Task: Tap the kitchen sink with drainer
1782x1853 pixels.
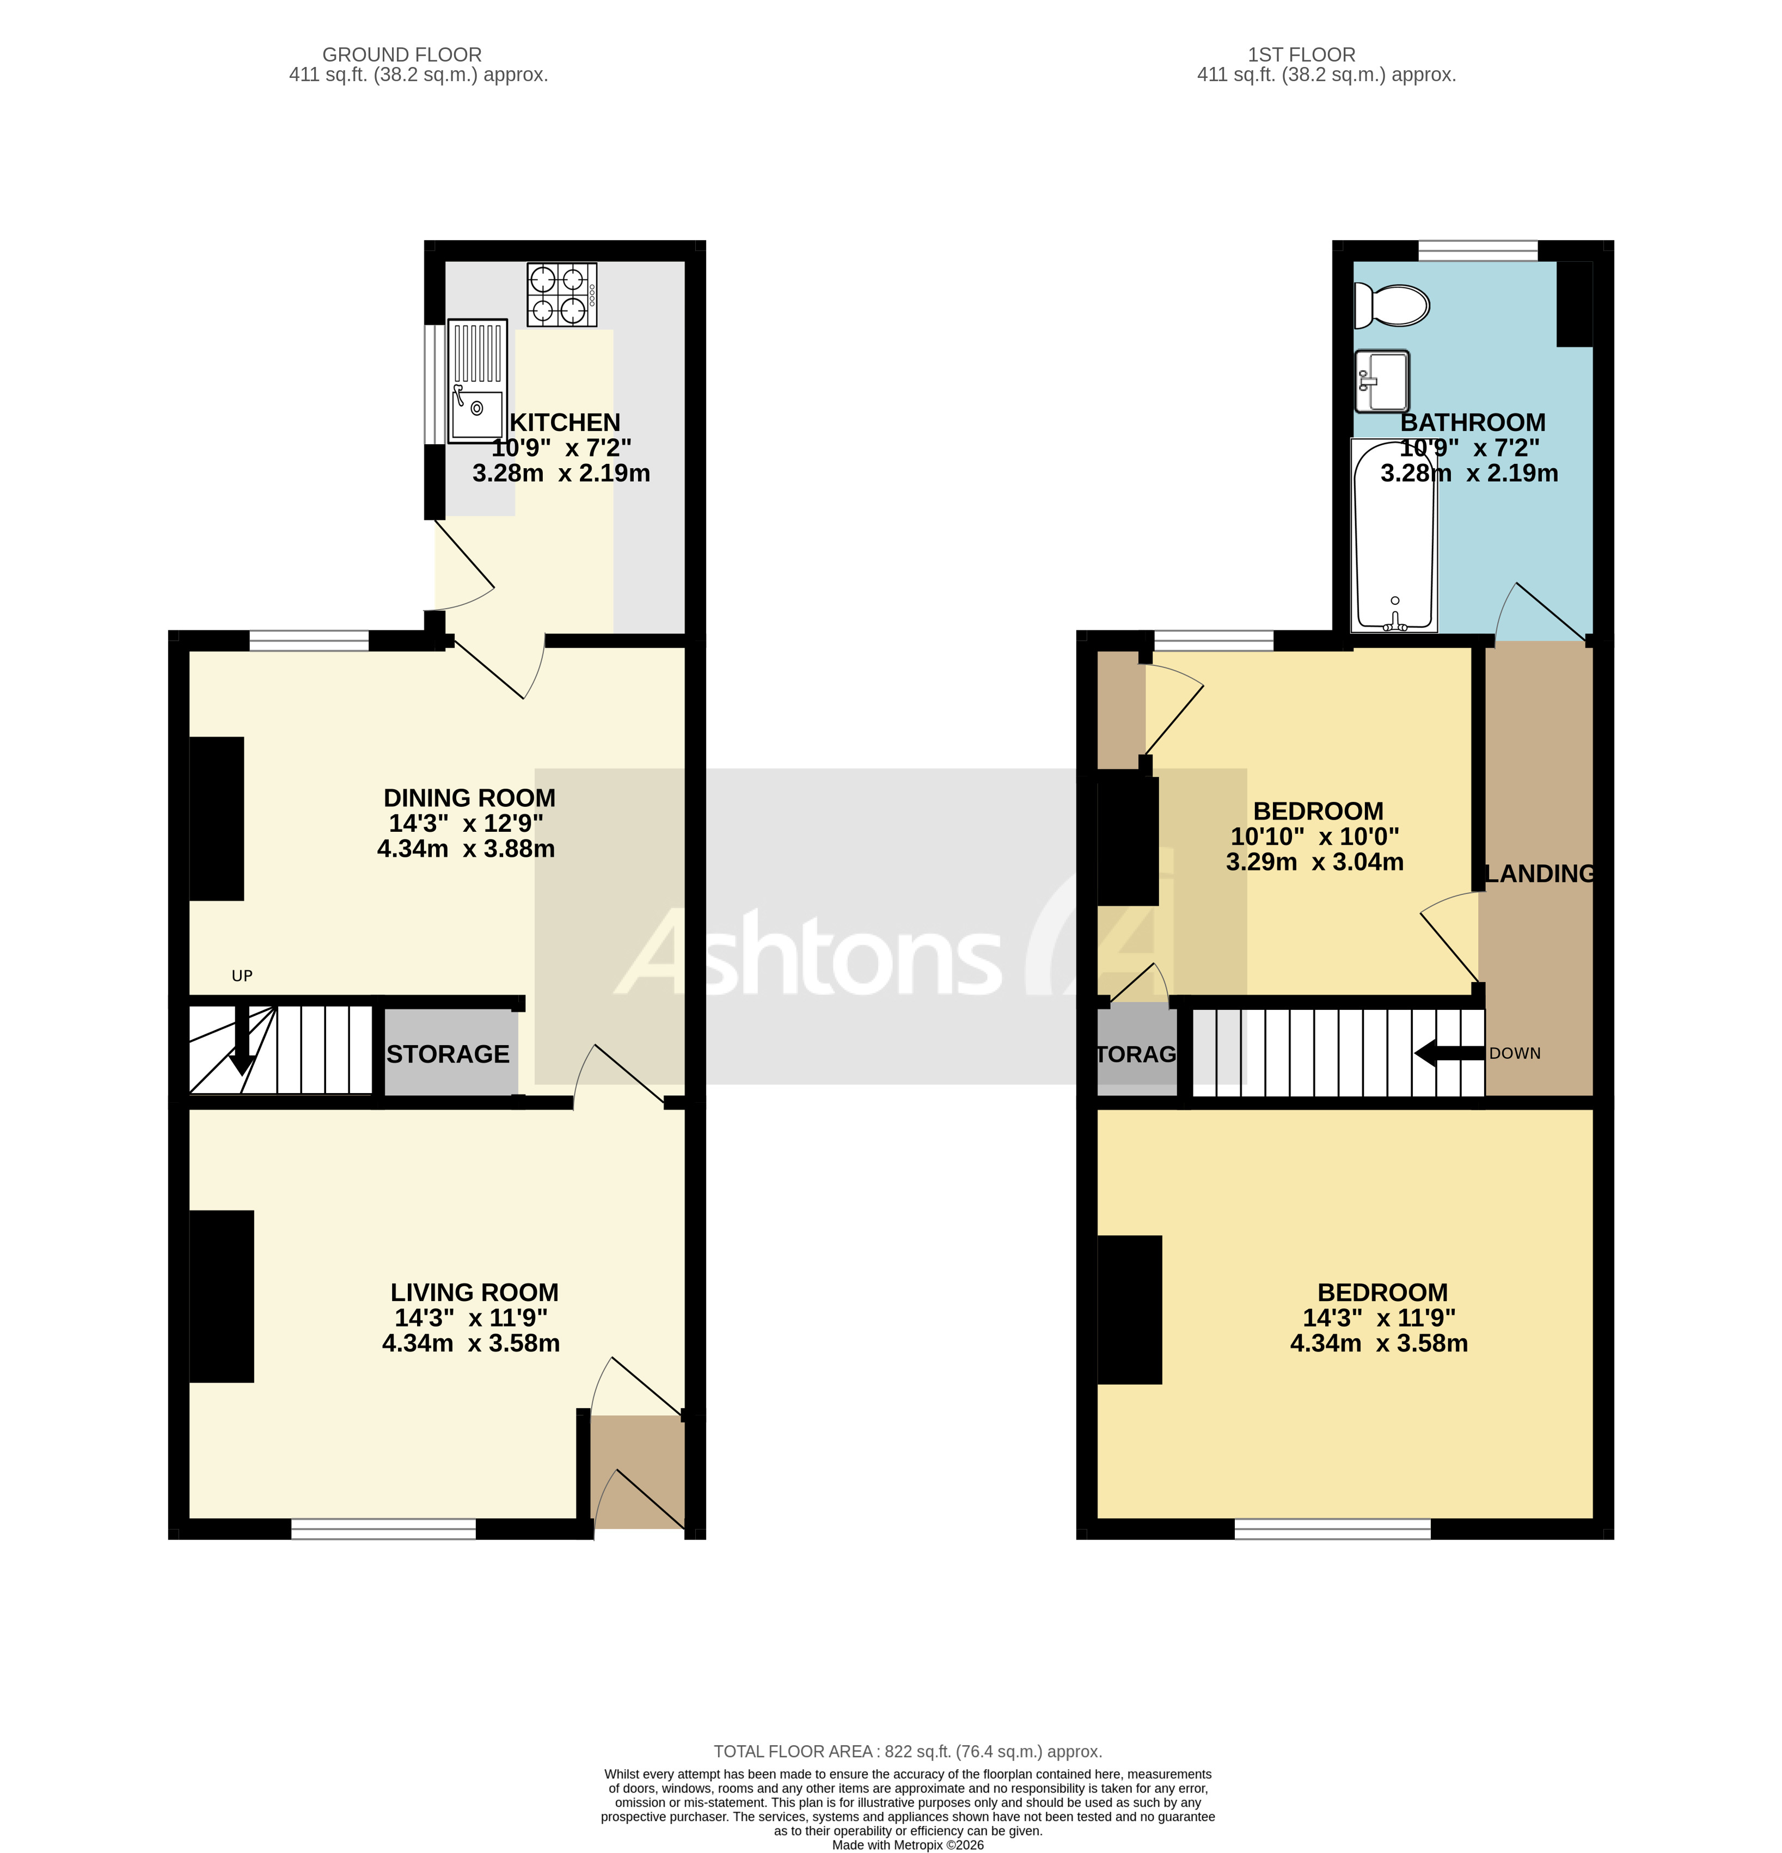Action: click(477, 381)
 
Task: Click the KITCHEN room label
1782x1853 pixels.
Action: click(565, 422)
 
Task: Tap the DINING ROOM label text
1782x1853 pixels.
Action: click(469, 798)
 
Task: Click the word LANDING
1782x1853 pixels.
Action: click(1539, 874)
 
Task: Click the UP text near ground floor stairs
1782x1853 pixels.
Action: click(242, 975)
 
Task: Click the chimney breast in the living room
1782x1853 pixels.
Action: click(221, 1296)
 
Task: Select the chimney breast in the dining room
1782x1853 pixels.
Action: click(217, 819)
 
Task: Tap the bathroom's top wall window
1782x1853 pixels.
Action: click(1478, 250)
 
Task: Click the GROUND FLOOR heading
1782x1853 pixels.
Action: click(402, 55)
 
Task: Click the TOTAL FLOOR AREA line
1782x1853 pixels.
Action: click(908, 1752)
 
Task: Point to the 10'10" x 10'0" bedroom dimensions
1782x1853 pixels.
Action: click(1314, 837)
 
